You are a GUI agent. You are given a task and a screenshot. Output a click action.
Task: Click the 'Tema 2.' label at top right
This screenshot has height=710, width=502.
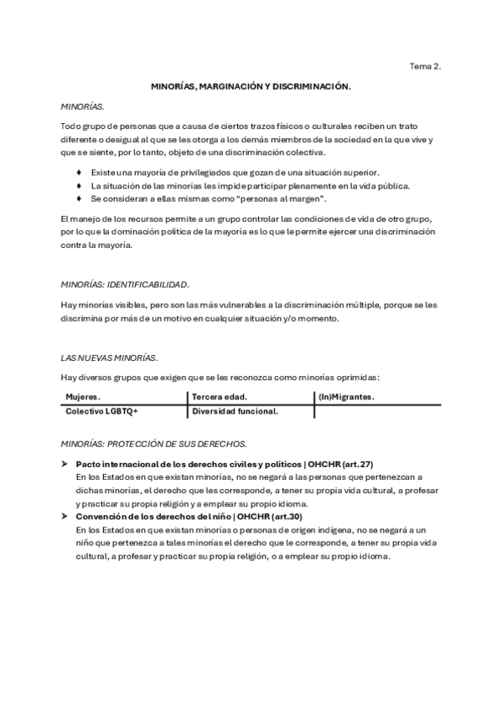pyautogui.click(x=425, y=64)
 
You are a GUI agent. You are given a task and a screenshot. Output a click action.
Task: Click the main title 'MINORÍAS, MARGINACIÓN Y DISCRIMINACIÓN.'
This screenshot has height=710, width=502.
pyautogui.click(x=251, y=86)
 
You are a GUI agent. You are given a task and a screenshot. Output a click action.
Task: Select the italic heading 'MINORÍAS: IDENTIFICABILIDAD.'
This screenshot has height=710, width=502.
pyautogui.click(x=126, y=284)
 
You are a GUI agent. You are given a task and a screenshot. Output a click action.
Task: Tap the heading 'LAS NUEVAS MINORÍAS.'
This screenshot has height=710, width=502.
pyautogui.click(x=110, y=358)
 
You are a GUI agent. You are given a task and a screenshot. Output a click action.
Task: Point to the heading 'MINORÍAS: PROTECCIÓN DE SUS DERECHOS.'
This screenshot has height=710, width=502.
pyautogui.click(x=154, y=442)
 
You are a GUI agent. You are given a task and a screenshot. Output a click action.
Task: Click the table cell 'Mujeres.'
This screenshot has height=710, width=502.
pyautogui.click(x=83, y=396)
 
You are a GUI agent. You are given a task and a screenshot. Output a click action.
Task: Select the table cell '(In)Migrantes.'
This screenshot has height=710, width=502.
pyautogui.click(x=346, y=396)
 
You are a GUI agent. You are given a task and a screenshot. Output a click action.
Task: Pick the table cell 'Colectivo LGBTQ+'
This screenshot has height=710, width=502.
pyautogui.click(x=101, y=411)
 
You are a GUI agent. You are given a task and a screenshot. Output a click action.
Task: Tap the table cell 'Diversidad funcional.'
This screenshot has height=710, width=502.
pyautogui.click(x=235, y=411)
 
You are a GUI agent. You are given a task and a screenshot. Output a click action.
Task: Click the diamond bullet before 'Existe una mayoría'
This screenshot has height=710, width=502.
pyautogui.click(x=79, y=172)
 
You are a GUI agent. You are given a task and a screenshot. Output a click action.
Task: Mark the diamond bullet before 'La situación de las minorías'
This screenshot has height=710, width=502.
pyautogui.click(x=79, y=185)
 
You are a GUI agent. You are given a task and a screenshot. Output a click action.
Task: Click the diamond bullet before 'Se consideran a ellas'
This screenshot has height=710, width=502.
pyautogui.click(x=79, y=198)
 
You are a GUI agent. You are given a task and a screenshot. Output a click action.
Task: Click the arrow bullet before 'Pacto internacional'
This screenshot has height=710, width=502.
pyautogui.click(x=65, y=463)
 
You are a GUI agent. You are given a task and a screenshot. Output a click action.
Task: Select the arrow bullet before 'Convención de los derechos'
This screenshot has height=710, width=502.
pyautogui.click(x=65, y=517)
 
